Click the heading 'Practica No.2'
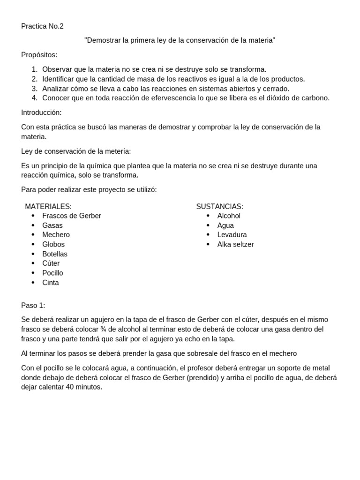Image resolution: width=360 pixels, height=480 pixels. click(x=42, y=26)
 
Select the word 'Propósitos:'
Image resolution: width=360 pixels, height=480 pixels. click(x=39, y=55)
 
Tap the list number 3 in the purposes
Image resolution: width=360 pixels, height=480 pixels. click(x=35, y=89)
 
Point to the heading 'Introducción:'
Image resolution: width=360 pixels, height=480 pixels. click(x=41, y=112)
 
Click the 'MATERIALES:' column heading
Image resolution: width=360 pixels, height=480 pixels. click(x=48, y=206)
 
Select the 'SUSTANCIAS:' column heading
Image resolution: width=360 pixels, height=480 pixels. click(x=219, y=206)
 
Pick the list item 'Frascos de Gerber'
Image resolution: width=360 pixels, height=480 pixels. click(x=71, y=216)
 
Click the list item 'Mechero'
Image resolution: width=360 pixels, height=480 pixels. click(x=56, y=235)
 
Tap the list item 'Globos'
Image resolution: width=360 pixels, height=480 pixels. click(x=53, y=244)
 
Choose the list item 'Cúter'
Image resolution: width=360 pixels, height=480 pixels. click(x=51, y=263)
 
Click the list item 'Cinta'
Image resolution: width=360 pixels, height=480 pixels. click(x=50, y=283)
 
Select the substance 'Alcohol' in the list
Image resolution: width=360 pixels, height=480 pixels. click(x=229, y=216)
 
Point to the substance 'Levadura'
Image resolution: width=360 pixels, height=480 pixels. click(x=232, y=235)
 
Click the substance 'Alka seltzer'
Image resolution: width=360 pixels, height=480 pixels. click(x=235, y=244)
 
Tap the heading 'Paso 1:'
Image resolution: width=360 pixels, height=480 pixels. click(x=33, y=305)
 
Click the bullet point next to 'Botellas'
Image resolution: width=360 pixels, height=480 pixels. click(x=33, y=254)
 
